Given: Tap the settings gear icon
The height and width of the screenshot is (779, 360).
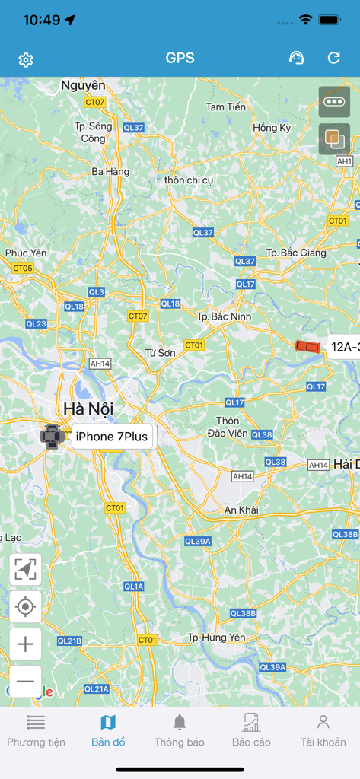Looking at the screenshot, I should [26, 59].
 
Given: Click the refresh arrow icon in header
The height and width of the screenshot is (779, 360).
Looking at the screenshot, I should [333, 58].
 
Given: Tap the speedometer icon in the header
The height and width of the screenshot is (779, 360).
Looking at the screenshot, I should [297, 58].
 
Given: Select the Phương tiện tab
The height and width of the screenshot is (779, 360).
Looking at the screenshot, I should [36, 731].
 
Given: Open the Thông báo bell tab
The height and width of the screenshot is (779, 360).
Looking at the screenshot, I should [180, 731].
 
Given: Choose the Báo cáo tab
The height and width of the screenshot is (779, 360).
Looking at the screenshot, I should [251, 731].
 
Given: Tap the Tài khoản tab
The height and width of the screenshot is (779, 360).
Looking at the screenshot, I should [323, 731].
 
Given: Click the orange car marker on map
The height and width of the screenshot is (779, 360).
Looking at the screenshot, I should [308, 346].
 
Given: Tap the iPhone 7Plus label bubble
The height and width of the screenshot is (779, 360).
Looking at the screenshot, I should [112, 437].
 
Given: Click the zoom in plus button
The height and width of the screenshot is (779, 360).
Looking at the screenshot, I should [25, 644].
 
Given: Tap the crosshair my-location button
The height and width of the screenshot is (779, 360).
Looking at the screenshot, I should [25, 606].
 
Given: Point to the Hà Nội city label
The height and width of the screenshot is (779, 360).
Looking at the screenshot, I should [88, 409].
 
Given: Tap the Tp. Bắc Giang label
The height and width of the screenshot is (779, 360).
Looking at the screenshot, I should [296, 253].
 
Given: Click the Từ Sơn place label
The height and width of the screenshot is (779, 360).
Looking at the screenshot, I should [161, 353].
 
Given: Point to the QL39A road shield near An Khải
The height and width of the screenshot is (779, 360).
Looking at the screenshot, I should [198, 541].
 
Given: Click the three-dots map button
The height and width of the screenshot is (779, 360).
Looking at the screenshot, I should [334, 101].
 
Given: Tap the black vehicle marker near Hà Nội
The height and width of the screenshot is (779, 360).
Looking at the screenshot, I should [51, 437].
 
